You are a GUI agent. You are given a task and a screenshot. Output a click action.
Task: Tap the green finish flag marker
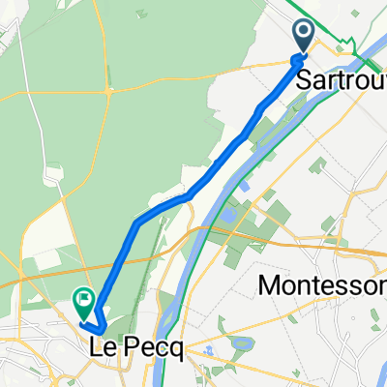point(84,303)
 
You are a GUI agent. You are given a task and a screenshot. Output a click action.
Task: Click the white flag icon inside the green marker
point(84,300)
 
